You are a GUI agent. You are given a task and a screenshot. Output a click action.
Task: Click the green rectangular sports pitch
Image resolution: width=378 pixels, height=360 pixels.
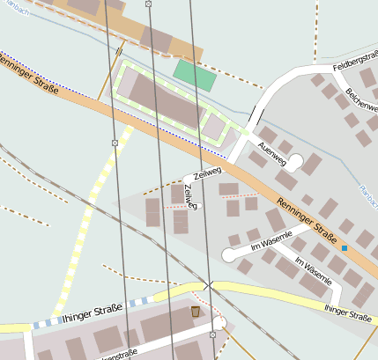[195, 74]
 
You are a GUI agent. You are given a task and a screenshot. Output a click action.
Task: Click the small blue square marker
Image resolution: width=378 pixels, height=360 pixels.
[345, 249]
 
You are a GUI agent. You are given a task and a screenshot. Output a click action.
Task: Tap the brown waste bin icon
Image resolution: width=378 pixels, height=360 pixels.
[195, 312]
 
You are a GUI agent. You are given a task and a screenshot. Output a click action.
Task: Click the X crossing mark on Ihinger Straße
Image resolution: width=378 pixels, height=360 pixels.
[208, 285]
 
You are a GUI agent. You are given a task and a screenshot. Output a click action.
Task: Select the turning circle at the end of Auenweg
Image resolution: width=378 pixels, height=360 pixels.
[296, 161]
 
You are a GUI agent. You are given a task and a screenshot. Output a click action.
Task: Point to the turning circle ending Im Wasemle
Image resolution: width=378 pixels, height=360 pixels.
[229, 254]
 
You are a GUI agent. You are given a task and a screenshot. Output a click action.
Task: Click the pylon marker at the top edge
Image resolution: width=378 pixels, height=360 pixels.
[148, 4]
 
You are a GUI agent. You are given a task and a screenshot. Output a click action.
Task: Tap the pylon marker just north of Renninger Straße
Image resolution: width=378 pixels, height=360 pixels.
[115, 143]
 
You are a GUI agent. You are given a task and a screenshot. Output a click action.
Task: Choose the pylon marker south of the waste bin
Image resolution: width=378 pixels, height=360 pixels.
[213, 335]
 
